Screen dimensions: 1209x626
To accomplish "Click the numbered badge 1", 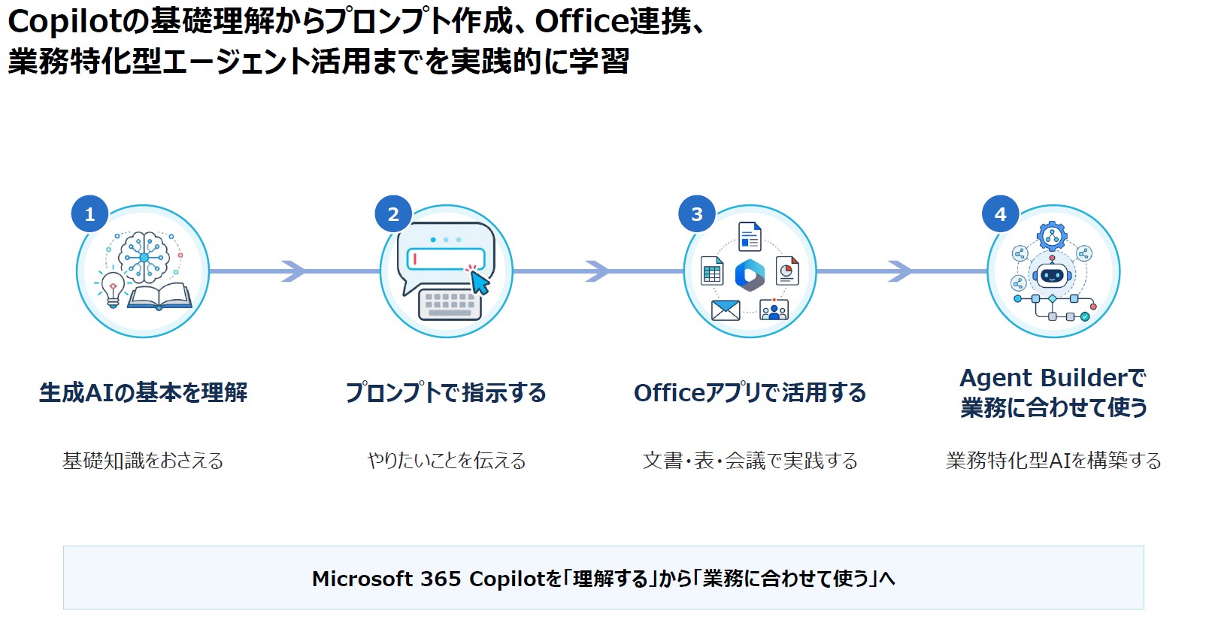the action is (89, 213).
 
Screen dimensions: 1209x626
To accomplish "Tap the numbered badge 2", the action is (393, 213).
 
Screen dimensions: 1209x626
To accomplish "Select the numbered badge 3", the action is (697, 213).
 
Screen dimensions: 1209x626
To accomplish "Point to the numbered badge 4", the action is (1000, 213).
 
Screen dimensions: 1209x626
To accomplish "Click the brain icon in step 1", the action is (144, 257).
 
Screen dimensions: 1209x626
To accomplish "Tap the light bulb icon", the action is (112, 289).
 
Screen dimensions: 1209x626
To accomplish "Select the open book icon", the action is (159, 296).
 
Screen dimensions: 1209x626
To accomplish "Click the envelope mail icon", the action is (726, 310).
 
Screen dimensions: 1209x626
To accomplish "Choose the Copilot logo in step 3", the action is (750, 275).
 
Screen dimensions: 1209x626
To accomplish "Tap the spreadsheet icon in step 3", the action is (712, 271).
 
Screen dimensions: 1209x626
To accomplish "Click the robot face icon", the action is (1052, 275).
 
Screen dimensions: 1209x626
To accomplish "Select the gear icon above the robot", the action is (1052, 236).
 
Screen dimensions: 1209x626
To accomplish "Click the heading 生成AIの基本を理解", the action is (143, 392).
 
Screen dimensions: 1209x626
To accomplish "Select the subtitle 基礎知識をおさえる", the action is (143, 461).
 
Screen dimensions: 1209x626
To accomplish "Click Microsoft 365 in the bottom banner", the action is (386, 579).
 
